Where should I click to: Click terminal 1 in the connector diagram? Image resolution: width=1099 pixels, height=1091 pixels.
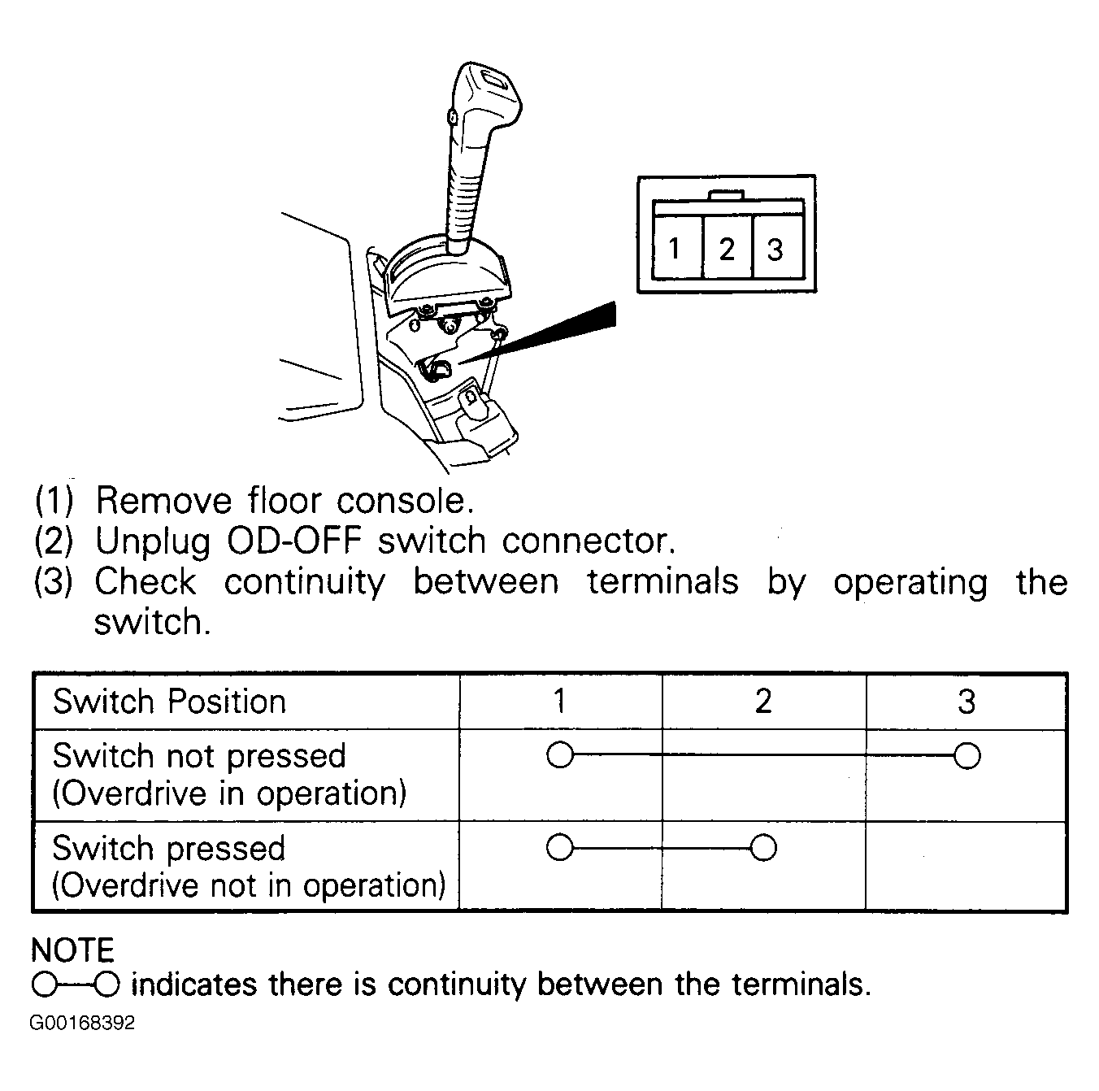pyautogui.click(x=677, y=246)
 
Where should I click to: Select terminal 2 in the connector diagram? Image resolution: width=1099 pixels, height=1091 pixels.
pyautogui.click(x=728, y=246)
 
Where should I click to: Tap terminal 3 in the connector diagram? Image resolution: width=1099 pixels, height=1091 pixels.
pyautogui.click(x=777, y=246)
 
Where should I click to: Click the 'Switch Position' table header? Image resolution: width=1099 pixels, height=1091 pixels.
pyautogui.click(x=169, y=702)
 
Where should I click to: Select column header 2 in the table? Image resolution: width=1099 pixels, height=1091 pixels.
pyautogui.click(x=763, y=702)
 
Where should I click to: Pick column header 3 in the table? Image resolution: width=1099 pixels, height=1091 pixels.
pyautogui.click(x=967, y=702)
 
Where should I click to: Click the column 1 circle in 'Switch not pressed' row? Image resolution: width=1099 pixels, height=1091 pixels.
pyautogui.click(x=559, y=755)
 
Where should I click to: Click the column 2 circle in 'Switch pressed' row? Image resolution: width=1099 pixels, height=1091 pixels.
pyautogui.click(x=763, y=848)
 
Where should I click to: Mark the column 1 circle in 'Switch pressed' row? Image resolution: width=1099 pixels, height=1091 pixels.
pyautogui.click(x=559, y=847)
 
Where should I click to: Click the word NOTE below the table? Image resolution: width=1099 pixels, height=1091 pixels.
pyautogui.click(x=72, y=950)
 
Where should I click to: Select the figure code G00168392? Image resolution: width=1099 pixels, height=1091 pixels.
pyautogui.click(x=82, y=1023)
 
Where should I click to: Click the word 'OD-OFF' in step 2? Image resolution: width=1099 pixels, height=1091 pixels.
pyautogui.click(x=294, y=541)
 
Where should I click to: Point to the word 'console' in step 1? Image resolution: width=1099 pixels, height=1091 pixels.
pyautogui.click(x=405, y=501)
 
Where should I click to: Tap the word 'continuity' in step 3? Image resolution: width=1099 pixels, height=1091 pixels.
pyautogui.click(x=305, y=583)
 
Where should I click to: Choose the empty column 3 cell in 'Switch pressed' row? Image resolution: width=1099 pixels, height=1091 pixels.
pyautogui.click(x=967, y=865)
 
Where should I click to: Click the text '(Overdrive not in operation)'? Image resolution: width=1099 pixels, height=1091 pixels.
pyautogui.click(x=249, y=885)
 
